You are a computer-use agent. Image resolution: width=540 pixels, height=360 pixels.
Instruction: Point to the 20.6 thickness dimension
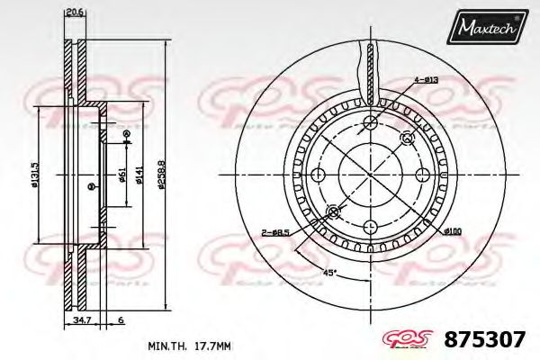tap(74, 12)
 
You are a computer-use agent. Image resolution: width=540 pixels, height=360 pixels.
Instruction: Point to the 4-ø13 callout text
tap(425, 81)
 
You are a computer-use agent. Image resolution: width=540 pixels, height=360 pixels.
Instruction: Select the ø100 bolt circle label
tap(452, 232)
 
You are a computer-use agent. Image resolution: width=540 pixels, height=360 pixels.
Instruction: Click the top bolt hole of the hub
tap(370, 122)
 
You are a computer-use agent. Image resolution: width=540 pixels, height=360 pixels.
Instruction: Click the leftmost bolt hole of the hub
tap(318, 175)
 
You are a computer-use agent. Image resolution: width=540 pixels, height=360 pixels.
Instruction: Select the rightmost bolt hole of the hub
tap(421, 175)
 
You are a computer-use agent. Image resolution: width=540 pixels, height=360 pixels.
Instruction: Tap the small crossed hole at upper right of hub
tap(406, 138)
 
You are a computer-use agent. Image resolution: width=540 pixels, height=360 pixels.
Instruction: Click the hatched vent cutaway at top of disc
tap(370, 72)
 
